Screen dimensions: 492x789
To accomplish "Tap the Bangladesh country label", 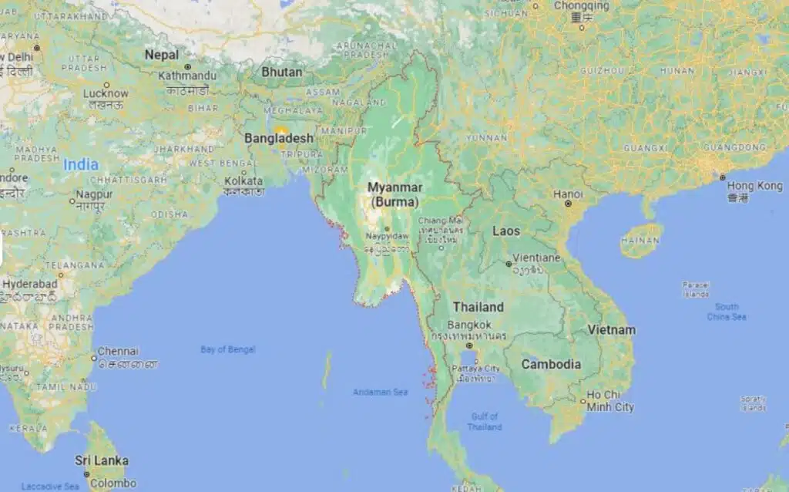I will [x=279, y=139].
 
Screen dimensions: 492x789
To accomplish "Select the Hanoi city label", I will [x=568, y=194].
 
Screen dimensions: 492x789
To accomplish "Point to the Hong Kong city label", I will [x=754, y=186].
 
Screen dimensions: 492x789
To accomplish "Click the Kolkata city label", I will [x=243, y=181].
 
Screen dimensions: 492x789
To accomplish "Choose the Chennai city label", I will [x=119, y=351].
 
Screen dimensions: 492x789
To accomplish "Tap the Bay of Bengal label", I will [x=227, y=349].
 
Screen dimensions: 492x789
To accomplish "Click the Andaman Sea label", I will [x=380, y=392].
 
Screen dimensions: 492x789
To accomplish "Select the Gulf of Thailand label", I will [x=485, y=422].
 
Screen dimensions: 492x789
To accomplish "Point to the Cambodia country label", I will [x=551, y=364].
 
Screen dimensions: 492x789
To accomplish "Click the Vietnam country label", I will [x=612, y=330].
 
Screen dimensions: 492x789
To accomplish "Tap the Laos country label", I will [x=506, y=231].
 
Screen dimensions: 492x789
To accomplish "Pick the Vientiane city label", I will [x=536, y=258].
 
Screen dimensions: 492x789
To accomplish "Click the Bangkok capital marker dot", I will [x=468, y=345].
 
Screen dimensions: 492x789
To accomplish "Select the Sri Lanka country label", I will [x=102, y=460].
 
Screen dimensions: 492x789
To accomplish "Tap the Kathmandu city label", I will [x=187, y=76].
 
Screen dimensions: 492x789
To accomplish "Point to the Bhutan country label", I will [x=282, y=72].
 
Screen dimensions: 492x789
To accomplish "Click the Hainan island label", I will [x=641, y=241].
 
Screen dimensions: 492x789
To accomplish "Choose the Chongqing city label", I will [x=581, y=6].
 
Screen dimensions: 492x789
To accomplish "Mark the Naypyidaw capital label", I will [x=386, y=236].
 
